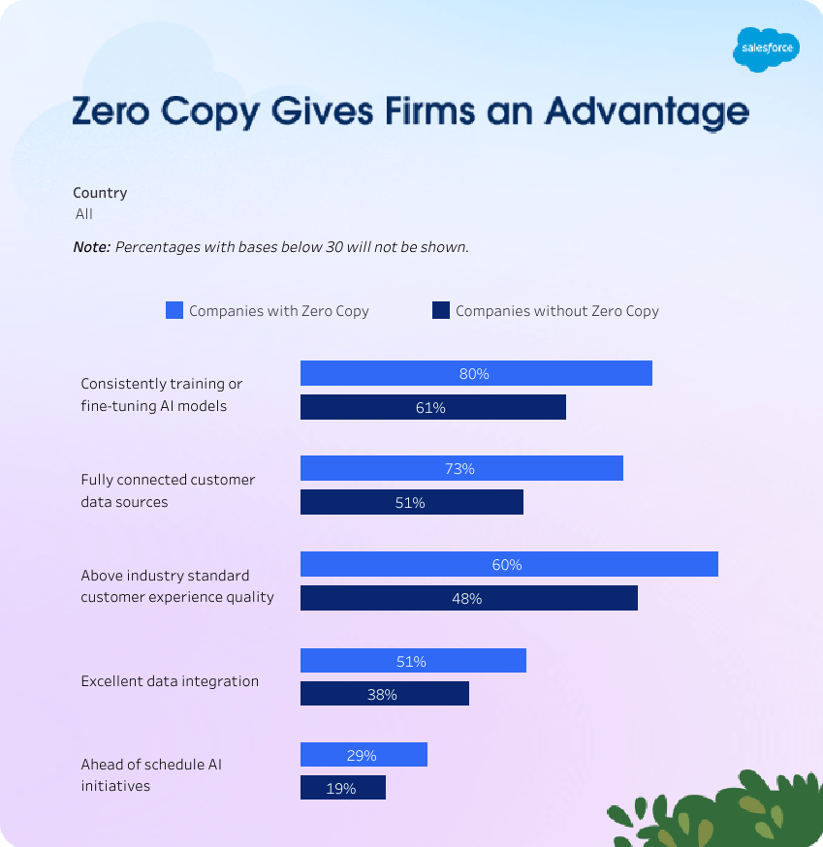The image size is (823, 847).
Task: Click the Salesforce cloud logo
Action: point(766,48)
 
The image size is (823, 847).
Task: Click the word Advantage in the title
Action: point(647,113)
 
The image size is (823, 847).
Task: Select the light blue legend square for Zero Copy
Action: point(174,311)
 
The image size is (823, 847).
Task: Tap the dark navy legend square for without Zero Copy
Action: point(441,311)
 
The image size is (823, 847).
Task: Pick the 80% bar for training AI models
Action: point(476,373)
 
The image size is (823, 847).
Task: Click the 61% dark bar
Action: point(432,408)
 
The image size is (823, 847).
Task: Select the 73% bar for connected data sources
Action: point(461,469)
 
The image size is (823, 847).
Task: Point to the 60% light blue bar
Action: point(509,564)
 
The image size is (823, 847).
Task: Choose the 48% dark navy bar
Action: point(468,599)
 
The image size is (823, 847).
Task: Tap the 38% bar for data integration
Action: point(384,694)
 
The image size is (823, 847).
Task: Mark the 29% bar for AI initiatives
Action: point(364,755)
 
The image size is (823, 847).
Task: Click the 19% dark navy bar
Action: point(342,788)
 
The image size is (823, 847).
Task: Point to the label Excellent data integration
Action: point(170,681)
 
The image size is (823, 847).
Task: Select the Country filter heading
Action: point(100,193)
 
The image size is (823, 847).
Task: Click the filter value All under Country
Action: point(84,214)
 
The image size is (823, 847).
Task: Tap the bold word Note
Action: point(92,247)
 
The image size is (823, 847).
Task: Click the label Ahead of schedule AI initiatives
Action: point(151,775)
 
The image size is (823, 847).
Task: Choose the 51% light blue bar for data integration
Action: point(413,661)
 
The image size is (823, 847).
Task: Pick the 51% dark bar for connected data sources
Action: point(411,503)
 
